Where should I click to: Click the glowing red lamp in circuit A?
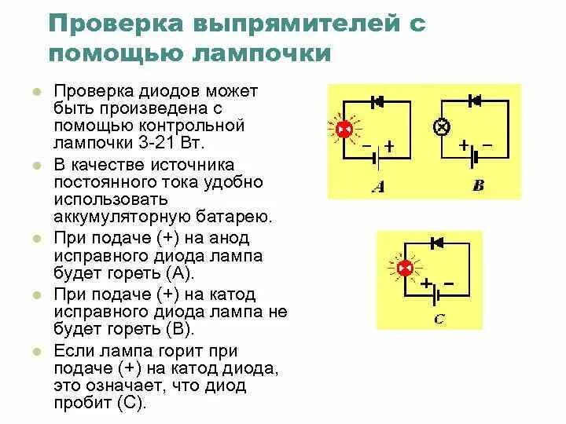pos(344,130)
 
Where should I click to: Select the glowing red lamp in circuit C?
pos(406,269)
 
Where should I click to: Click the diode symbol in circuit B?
pos(474,100)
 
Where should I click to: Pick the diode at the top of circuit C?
pos(438,243)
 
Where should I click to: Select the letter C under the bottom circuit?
pos(439,319)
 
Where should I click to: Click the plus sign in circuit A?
pos(388,145)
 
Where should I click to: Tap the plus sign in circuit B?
pos(464,145)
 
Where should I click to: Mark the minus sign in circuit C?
pos(449,283)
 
